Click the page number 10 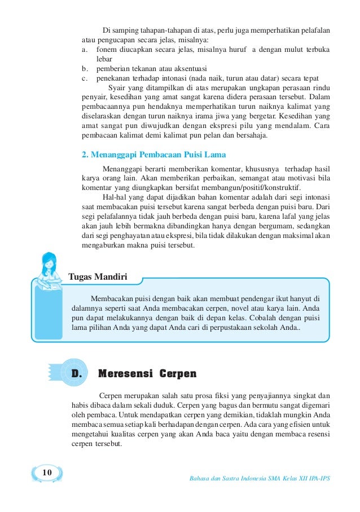tap(47, 472)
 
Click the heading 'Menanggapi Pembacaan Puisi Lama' tap(160, 153)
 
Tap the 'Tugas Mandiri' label tap(97, 277)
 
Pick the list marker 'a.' tap(86, 49)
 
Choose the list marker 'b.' tap(86, 68)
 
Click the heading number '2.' tap(86, 153)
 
